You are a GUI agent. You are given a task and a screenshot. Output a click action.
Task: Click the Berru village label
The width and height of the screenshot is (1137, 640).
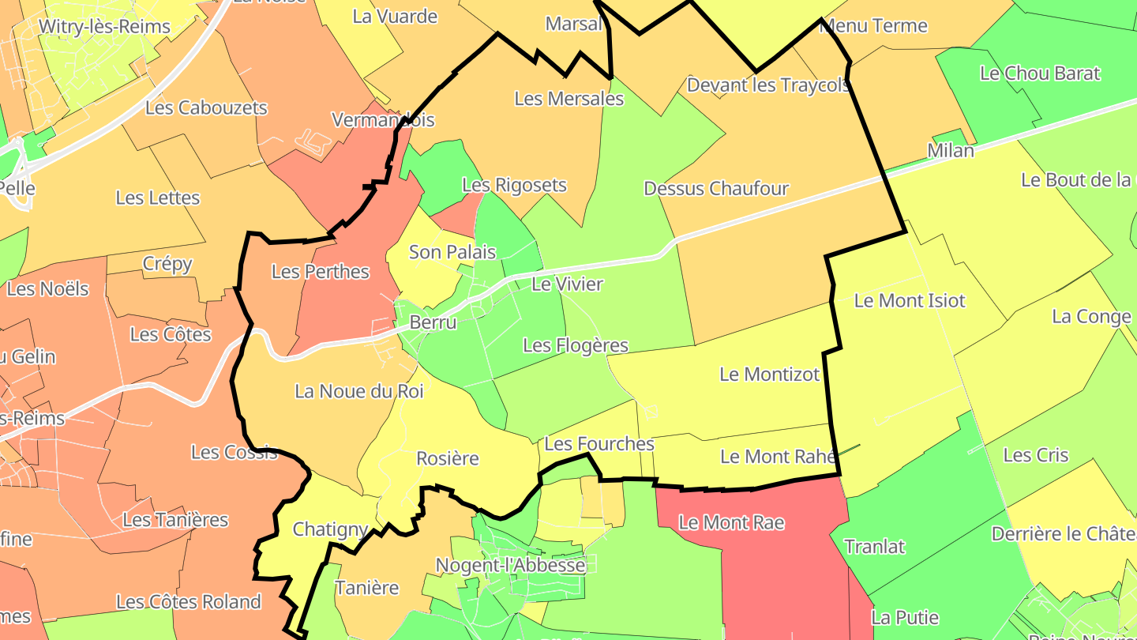pyautogui.click(x=433, y=322)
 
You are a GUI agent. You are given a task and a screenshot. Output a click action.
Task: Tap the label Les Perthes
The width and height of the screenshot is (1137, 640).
pyautogui.click(x=320, y=272)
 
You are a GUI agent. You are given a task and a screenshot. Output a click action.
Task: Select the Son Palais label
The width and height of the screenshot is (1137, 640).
pyautogui.click(x=452, y=252)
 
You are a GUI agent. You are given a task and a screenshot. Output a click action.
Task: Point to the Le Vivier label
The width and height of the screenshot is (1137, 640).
pyautogui.click(x=567, y=284)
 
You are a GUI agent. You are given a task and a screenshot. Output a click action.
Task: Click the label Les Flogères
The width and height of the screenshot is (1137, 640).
pyautogui.click(x=575, y=345)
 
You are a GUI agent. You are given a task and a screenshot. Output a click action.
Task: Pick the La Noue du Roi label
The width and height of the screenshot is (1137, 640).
pyautogui.click(x=358, y=391)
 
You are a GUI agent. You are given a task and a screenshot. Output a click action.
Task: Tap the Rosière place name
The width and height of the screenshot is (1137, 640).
pyautogui.click(x=448, y=458)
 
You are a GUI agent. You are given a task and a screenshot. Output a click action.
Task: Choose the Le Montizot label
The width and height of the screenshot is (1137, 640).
pyautogui.click(x=769, y=375)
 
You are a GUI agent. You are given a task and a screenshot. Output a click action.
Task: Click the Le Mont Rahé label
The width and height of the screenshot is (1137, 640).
pyautogui.click(x=779, y=457)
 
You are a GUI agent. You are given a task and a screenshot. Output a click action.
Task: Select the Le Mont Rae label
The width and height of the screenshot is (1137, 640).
pyautogui.click(x=731, y=522)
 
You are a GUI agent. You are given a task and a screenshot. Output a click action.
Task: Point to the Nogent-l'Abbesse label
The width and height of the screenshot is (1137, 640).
pyautogui.click(x=510, y=566)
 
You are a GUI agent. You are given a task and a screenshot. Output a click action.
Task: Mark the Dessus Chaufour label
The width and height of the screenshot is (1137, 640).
pyautogui.click(x=715, y=188)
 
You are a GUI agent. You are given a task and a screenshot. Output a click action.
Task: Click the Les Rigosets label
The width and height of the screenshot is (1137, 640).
pyautogui.click(x=514, y=185)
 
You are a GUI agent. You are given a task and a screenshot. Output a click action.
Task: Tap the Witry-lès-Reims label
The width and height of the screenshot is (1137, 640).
pyautogui.click(x=104, y=26)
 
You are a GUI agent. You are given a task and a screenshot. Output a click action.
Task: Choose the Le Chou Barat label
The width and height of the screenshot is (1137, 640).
pyautogui.click(x=1039, y=73)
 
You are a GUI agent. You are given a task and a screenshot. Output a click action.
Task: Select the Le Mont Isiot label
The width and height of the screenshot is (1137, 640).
pyautogui.click(x=909, y=300)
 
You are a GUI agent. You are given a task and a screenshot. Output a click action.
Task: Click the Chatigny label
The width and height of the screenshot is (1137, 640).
pyautogui.click(x=330, y=529)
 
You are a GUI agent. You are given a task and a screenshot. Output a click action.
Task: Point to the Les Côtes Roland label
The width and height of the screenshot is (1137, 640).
pyautogui.click(x=188, y=602)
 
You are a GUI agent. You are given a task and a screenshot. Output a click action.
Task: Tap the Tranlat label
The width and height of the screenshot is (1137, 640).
pyautogui.click(x=874, y=547)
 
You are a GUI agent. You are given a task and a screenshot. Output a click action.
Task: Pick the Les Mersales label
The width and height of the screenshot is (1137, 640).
pyautogui.click(x=568, y=99)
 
